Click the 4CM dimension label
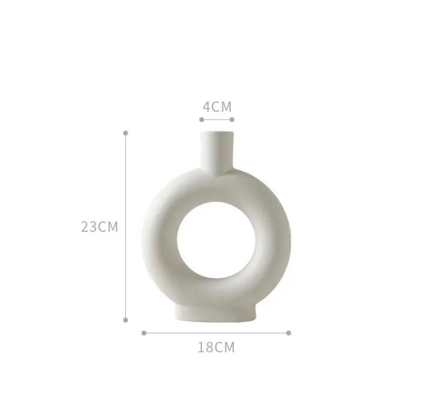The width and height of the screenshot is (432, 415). (x=217, y=107)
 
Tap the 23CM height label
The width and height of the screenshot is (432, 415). (x=100, y=227)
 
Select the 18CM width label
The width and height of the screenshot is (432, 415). (x=217, y=347)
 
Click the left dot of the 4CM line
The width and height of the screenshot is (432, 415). (x=202, y=120)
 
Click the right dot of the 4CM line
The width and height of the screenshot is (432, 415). (x=232, y=120)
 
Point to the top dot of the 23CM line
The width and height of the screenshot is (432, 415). (x=126, y=133)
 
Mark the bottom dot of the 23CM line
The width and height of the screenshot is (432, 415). (x=126, y=320)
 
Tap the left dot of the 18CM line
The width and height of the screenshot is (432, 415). (x=144, y=333)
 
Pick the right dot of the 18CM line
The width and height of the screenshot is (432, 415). (x=289, y=333)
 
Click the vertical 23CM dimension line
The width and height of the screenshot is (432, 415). (x=126, y=227)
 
